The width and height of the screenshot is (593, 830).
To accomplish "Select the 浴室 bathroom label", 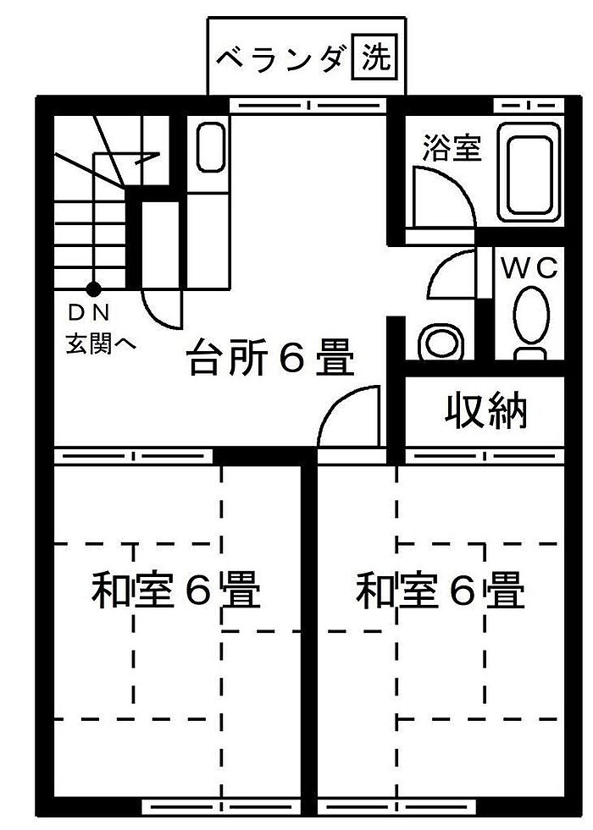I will tap(452, 149).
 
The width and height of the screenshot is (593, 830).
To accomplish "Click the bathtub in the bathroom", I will tap(529, 174).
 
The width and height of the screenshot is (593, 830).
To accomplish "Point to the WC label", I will tap(531, 269).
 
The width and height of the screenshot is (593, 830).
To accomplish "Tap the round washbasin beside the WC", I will tap(440, 342).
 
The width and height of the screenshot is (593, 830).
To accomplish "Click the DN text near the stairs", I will tap(89, 313).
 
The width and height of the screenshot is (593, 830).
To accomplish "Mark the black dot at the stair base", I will tap(92, 289).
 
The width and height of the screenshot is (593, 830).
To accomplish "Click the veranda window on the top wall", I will tap(308, 106).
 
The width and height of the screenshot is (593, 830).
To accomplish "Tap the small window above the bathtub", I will tap(529, 106).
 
